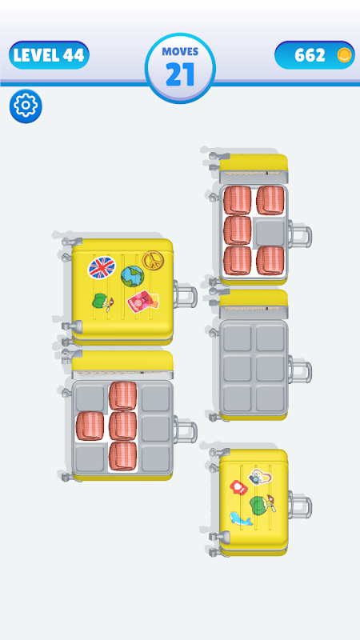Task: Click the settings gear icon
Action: tap(26, 106)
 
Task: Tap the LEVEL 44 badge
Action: tap(49, 55)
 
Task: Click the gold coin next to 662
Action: tap(345, 55)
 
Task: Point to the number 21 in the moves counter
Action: tap(179, 74)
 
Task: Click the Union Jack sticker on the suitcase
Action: tap(102, 267)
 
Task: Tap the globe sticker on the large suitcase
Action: tap(133, 276)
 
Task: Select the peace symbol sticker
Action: tap(151, 260)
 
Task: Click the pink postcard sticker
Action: tap(142, 302)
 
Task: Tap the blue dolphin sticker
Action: tap(241, 518)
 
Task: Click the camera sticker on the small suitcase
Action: tap(260, 477)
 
